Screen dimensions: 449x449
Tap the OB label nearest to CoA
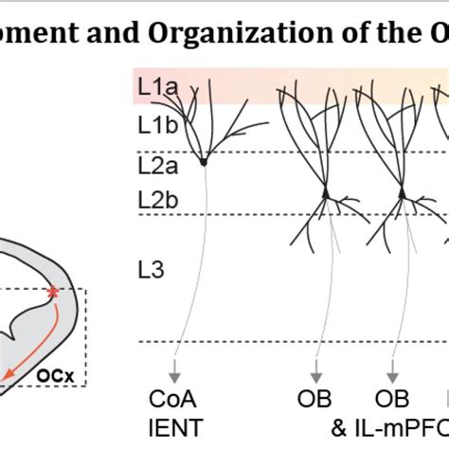pos(324,396)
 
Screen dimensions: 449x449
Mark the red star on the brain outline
pos(53,295)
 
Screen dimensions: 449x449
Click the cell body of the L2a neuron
pos(203,162)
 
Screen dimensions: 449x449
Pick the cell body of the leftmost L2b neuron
pos(325,194)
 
